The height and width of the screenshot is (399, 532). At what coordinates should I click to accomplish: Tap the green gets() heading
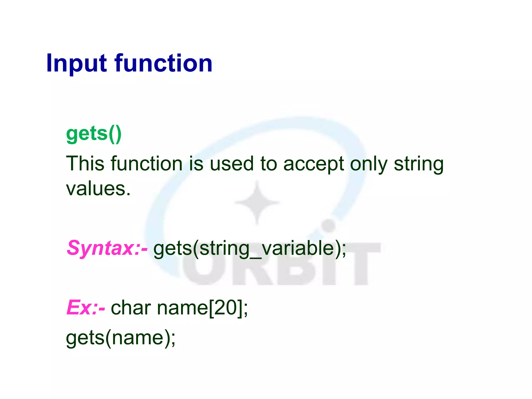pos(94,134)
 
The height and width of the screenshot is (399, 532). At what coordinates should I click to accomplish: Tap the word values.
pos(98,189)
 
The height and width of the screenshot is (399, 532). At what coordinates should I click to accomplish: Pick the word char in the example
pos(131,308)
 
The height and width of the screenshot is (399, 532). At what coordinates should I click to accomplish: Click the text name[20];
pos(203,308)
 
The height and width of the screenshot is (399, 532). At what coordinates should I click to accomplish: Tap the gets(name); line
pos(121,338)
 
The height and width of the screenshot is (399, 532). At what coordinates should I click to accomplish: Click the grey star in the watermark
pos(257,203)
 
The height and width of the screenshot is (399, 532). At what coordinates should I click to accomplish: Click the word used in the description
pos(231,164)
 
